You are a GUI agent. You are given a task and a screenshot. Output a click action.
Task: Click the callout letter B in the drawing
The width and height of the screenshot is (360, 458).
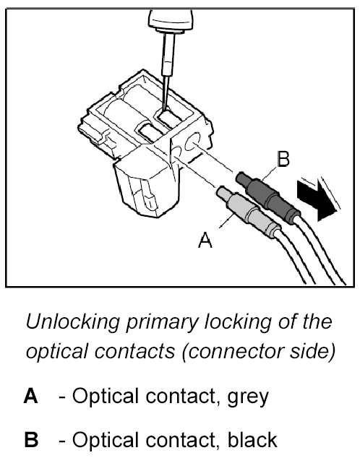click(283, 159)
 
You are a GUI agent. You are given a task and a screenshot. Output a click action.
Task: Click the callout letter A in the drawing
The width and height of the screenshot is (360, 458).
click(205, 240)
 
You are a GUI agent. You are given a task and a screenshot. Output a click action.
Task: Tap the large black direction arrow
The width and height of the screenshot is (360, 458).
click(316, 200)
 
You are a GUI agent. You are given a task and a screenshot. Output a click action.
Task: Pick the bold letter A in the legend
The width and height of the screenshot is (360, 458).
click(30, 396)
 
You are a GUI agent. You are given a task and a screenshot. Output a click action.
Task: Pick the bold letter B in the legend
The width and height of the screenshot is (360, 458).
click(31, 440)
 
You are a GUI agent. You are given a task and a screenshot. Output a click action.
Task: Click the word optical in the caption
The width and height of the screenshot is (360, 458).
click(57, 352)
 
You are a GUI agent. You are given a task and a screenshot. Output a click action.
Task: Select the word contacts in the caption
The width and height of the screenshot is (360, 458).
click(134, 351)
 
